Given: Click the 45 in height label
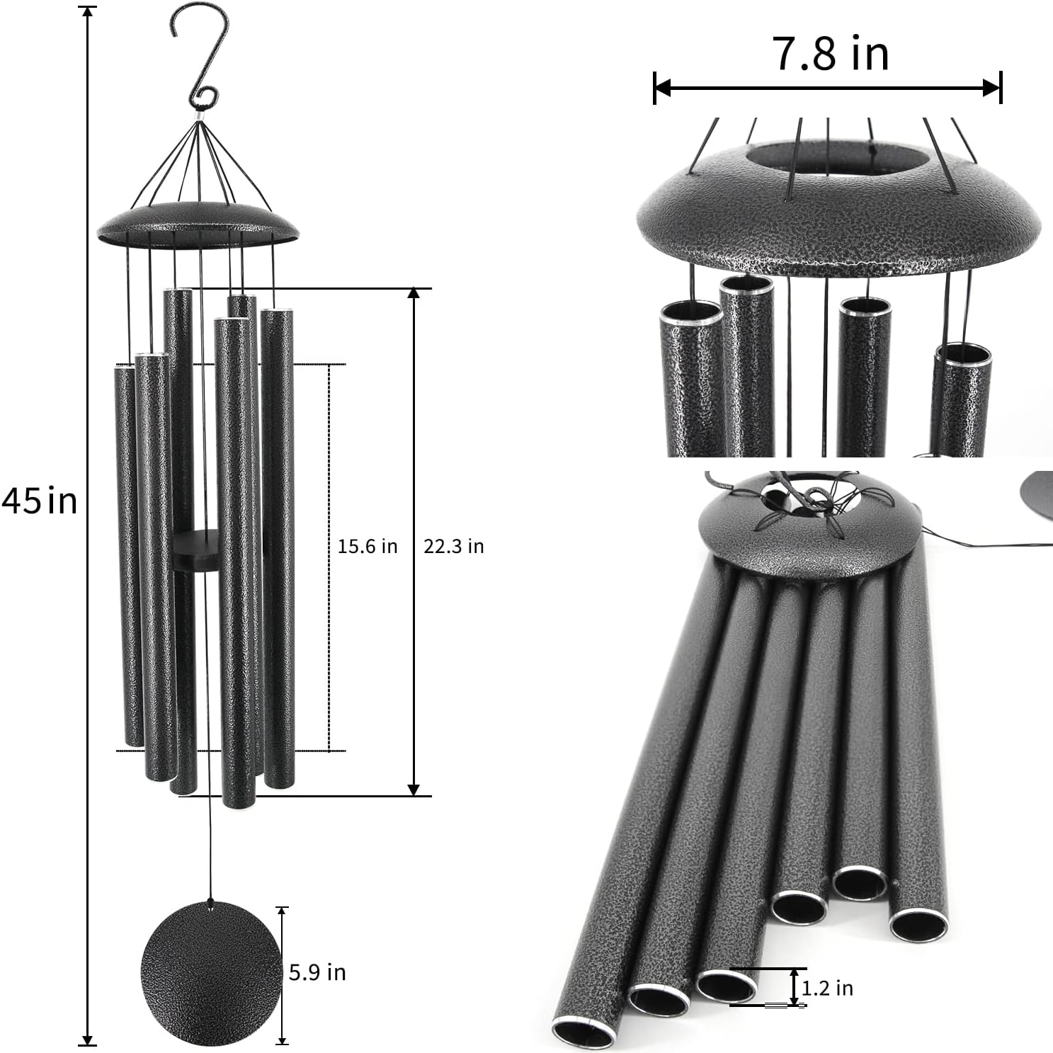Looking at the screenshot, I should coord(39,501).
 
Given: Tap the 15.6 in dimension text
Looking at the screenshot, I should coord(367,547).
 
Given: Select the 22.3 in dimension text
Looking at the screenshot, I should coord(453,547).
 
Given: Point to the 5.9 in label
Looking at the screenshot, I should coord(317,972).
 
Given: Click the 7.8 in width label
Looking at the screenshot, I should coord(830,54).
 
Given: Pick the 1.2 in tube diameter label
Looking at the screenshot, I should coord(827,987).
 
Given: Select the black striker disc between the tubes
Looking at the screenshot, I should coord(196,550).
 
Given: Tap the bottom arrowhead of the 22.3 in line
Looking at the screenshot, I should coord(414,789).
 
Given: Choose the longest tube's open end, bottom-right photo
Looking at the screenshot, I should coord(584,1032).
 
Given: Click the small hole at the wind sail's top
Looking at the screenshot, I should coord(210,901).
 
